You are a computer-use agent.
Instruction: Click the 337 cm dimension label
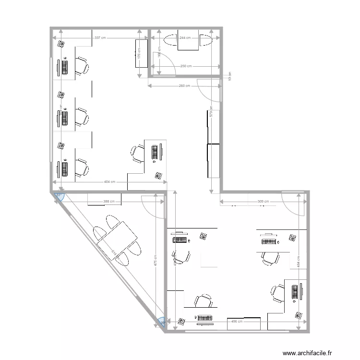pyautogui.click(x=100, y=37)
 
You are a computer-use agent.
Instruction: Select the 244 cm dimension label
pyautogui.click(x=185, y=37)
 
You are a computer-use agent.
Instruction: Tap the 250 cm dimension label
pyautogui.click(x=186, y=66)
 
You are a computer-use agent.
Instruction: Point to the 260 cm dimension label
pyautogui.click(x=184, y=86)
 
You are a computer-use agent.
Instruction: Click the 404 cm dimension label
pyautogui.click(x=109, y=182)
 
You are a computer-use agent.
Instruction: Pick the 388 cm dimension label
pyautogui.click(x=109, y=202)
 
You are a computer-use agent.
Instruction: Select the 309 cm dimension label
pyautogui.click(x=263, y=202)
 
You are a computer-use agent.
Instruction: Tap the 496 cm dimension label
pyautogui.click(x=237, y=322)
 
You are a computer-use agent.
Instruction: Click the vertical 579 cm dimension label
pyautogui.click(x=211, y=114)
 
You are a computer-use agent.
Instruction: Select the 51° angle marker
pyautogui.click(x=59, y=195)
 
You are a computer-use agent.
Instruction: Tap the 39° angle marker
pyautogui.click(x=162, y=322)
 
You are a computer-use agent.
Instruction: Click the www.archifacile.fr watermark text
pyautogui.click(x=307, y=353)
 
